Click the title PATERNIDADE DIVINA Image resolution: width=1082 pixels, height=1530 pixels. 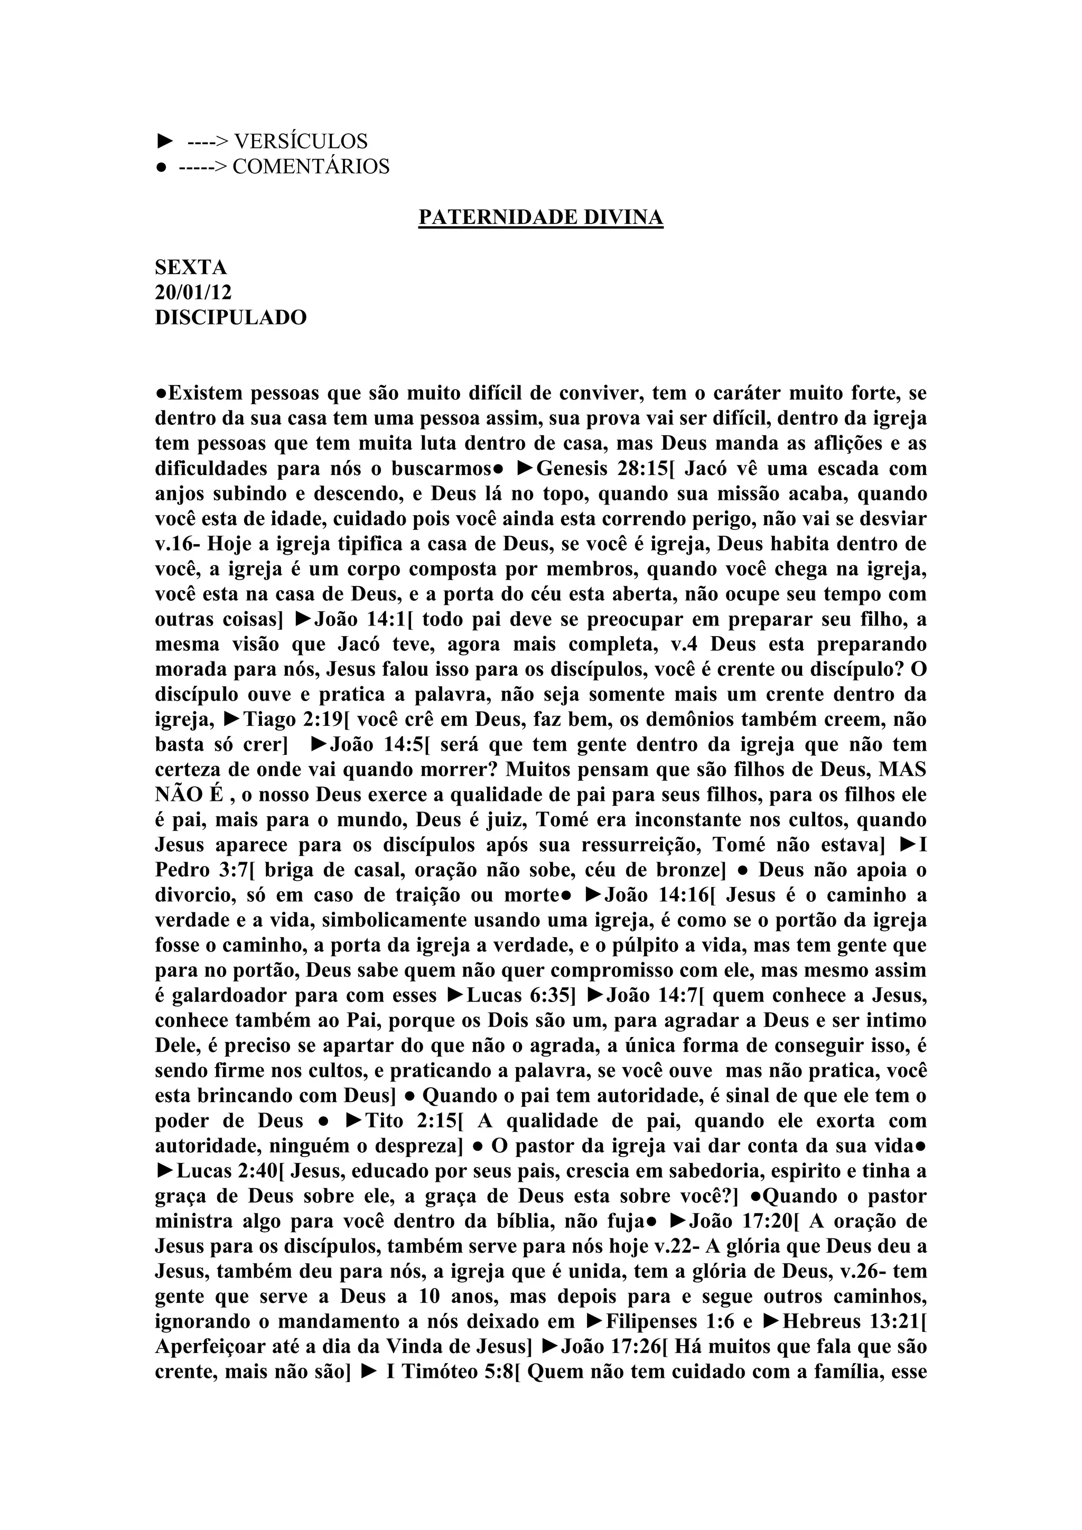click(540, 217)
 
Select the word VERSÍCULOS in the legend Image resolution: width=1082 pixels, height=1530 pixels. click(301, 141)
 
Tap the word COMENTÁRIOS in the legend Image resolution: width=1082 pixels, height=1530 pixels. click(311, 166)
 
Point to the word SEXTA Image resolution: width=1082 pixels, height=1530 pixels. click(191, 267)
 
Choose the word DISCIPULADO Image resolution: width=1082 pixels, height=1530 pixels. click(230, 317)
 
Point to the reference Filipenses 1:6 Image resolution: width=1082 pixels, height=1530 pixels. click(668, 1321)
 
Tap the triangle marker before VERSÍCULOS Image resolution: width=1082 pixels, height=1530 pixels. click(164, 141)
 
